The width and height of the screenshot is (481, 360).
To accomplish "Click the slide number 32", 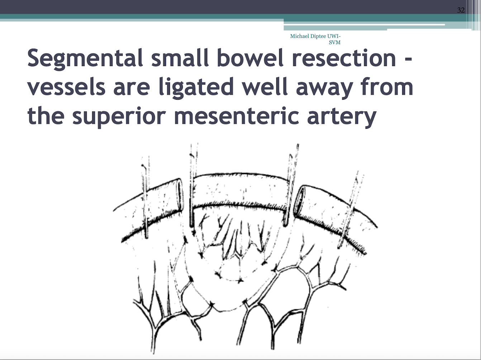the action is pos(461,10).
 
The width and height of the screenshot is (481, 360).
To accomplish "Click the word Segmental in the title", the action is pos(85,58).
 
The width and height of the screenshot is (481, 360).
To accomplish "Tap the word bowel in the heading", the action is pos(250,57).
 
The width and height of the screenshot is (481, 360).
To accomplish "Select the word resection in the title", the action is pos(344,59).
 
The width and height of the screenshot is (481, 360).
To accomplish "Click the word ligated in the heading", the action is pos(196,88).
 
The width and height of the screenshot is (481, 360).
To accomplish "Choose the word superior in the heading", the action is pos(119,118).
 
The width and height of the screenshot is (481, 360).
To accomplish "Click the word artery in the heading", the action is pos(342,118).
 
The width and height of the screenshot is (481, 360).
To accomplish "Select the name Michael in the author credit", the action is pos(300,36).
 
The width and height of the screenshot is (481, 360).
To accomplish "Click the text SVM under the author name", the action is pos(335,42).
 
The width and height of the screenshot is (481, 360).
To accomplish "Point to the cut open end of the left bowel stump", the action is pos(180,194).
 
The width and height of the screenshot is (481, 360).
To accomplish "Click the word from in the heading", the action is pos(387,87).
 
